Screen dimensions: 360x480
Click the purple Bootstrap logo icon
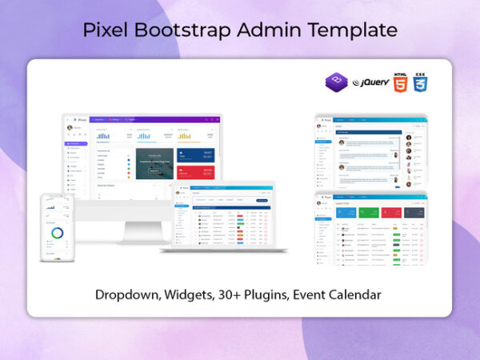pos(336,82)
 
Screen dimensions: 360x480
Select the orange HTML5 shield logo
pos(399,82)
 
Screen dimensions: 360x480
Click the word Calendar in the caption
pos(353,294)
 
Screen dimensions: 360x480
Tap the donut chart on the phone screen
pos(57,233)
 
